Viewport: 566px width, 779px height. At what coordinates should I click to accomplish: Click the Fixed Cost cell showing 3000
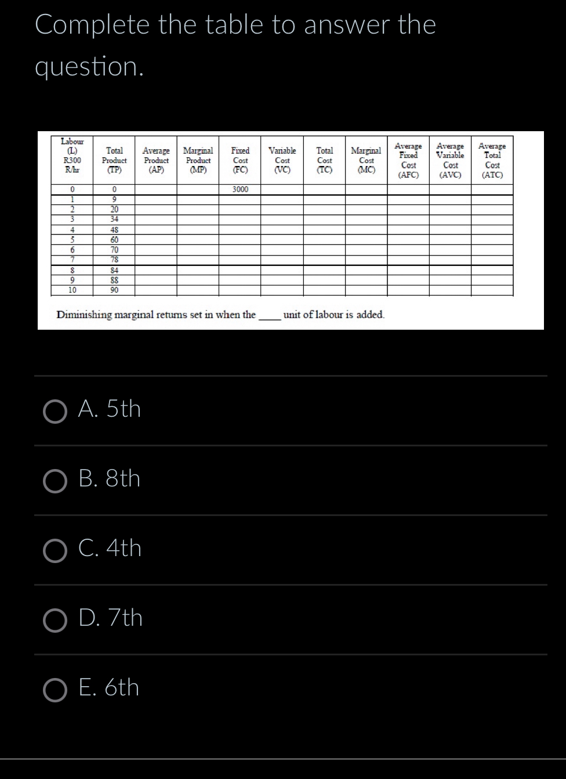[x=240, y=190]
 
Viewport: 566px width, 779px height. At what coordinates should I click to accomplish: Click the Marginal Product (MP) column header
[x=198, y=160]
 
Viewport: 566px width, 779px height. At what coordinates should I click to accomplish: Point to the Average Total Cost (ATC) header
[x=492, y=160]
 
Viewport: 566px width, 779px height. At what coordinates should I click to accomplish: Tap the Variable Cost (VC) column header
[x=282, y=160]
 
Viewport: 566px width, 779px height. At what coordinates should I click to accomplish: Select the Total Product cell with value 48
[x=115, y=229]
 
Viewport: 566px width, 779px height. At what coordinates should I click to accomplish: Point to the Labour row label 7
[x=72, y=259]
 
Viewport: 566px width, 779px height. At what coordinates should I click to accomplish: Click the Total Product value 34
[x=115, y=219]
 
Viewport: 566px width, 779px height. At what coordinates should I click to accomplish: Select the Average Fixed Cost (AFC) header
[x=408, y=160]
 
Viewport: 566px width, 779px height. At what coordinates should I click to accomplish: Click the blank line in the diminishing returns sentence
[x=269, y=316]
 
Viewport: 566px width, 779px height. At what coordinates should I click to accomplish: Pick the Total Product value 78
[x=115, y=259]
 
